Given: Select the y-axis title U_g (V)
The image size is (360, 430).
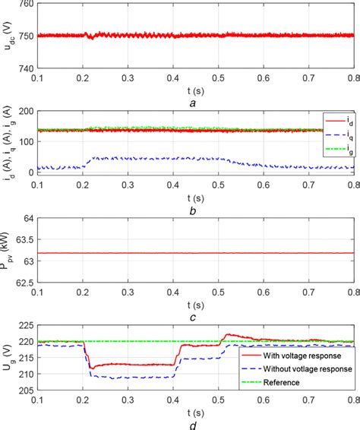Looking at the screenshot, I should tap(6, 358).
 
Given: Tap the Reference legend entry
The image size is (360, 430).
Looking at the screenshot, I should tap(289, 381).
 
